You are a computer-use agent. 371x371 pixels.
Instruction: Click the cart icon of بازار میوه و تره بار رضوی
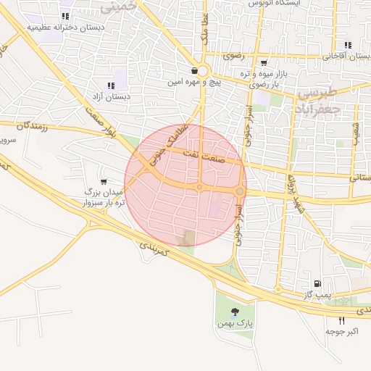point(263,63)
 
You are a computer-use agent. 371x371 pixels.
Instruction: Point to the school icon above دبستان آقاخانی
point(349,45)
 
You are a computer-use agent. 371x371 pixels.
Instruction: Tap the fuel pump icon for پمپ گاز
point(316,283)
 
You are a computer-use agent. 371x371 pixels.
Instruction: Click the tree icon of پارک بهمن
point(234,312)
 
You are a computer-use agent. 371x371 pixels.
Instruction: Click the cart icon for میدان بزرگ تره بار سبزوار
point(106,181)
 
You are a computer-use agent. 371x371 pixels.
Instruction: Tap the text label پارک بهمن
point(233,323)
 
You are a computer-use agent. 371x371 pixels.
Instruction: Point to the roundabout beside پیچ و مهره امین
point(201,71)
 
